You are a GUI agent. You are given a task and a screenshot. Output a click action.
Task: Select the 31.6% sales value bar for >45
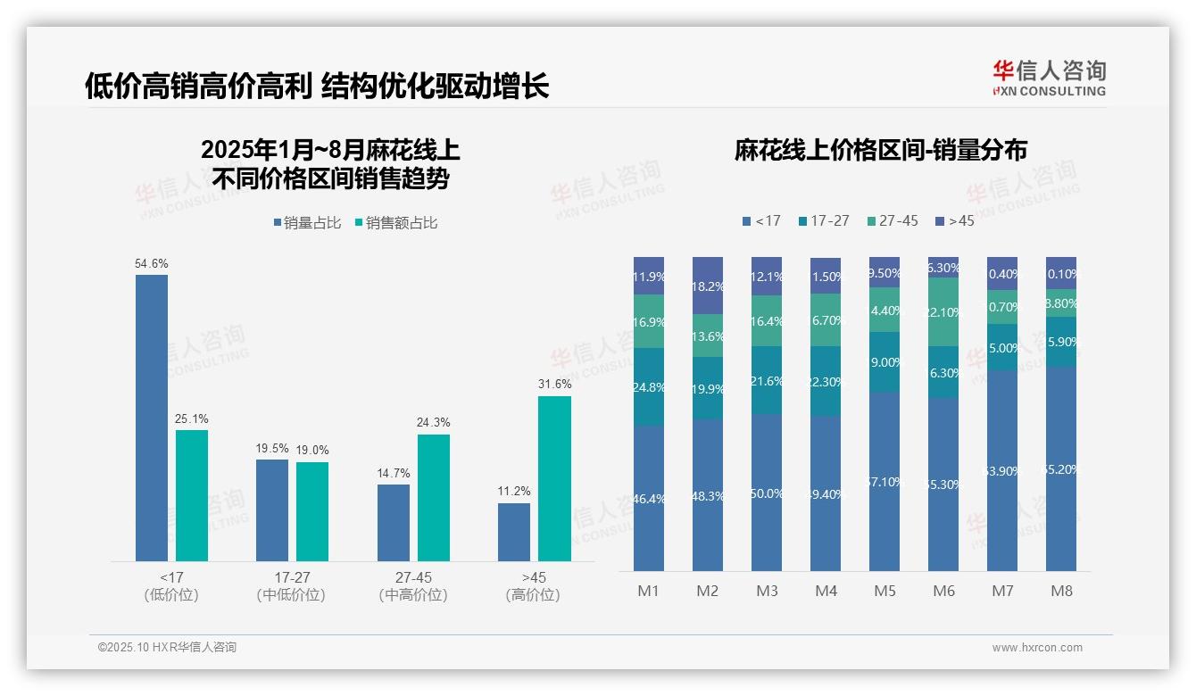tap(554, 478)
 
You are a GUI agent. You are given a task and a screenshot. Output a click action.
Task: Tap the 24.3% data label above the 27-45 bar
tap(434, 422)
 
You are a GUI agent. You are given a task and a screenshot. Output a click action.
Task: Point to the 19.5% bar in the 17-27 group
tap(272, 510)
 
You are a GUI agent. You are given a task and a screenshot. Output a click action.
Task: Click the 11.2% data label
tap(514, 491)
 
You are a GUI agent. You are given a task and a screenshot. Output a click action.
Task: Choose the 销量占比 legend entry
tap(307, 223)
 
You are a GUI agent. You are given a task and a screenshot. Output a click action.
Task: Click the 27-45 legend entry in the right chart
tap(892, 220)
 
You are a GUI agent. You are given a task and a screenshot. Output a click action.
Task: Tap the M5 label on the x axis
tap(885, 591)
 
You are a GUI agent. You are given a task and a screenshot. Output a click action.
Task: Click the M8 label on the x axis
tap(1061, 591)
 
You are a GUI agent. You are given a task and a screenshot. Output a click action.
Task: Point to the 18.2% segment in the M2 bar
tap(708, 286)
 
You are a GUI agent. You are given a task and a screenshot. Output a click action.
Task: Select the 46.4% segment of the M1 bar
tap(649, 498)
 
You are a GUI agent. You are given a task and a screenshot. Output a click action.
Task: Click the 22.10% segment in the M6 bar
tap(943, 311)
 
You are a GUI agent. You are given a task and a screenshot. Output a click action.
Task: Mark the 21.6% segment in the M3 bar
tap(767, 380)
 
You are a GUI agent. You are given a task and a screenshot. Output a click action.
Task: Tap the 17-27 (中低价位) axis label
tap(291, 586)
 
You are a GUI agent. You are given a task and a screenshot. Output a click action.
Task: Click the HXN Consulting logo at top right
tap(1049, 79)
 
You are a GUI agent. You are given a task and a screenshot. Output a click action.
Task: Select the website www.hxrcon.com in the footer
tap(1037, 648)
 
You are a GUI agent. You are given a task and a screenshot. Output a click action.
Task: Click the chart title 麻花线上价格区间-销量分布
tap(880, 150)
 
